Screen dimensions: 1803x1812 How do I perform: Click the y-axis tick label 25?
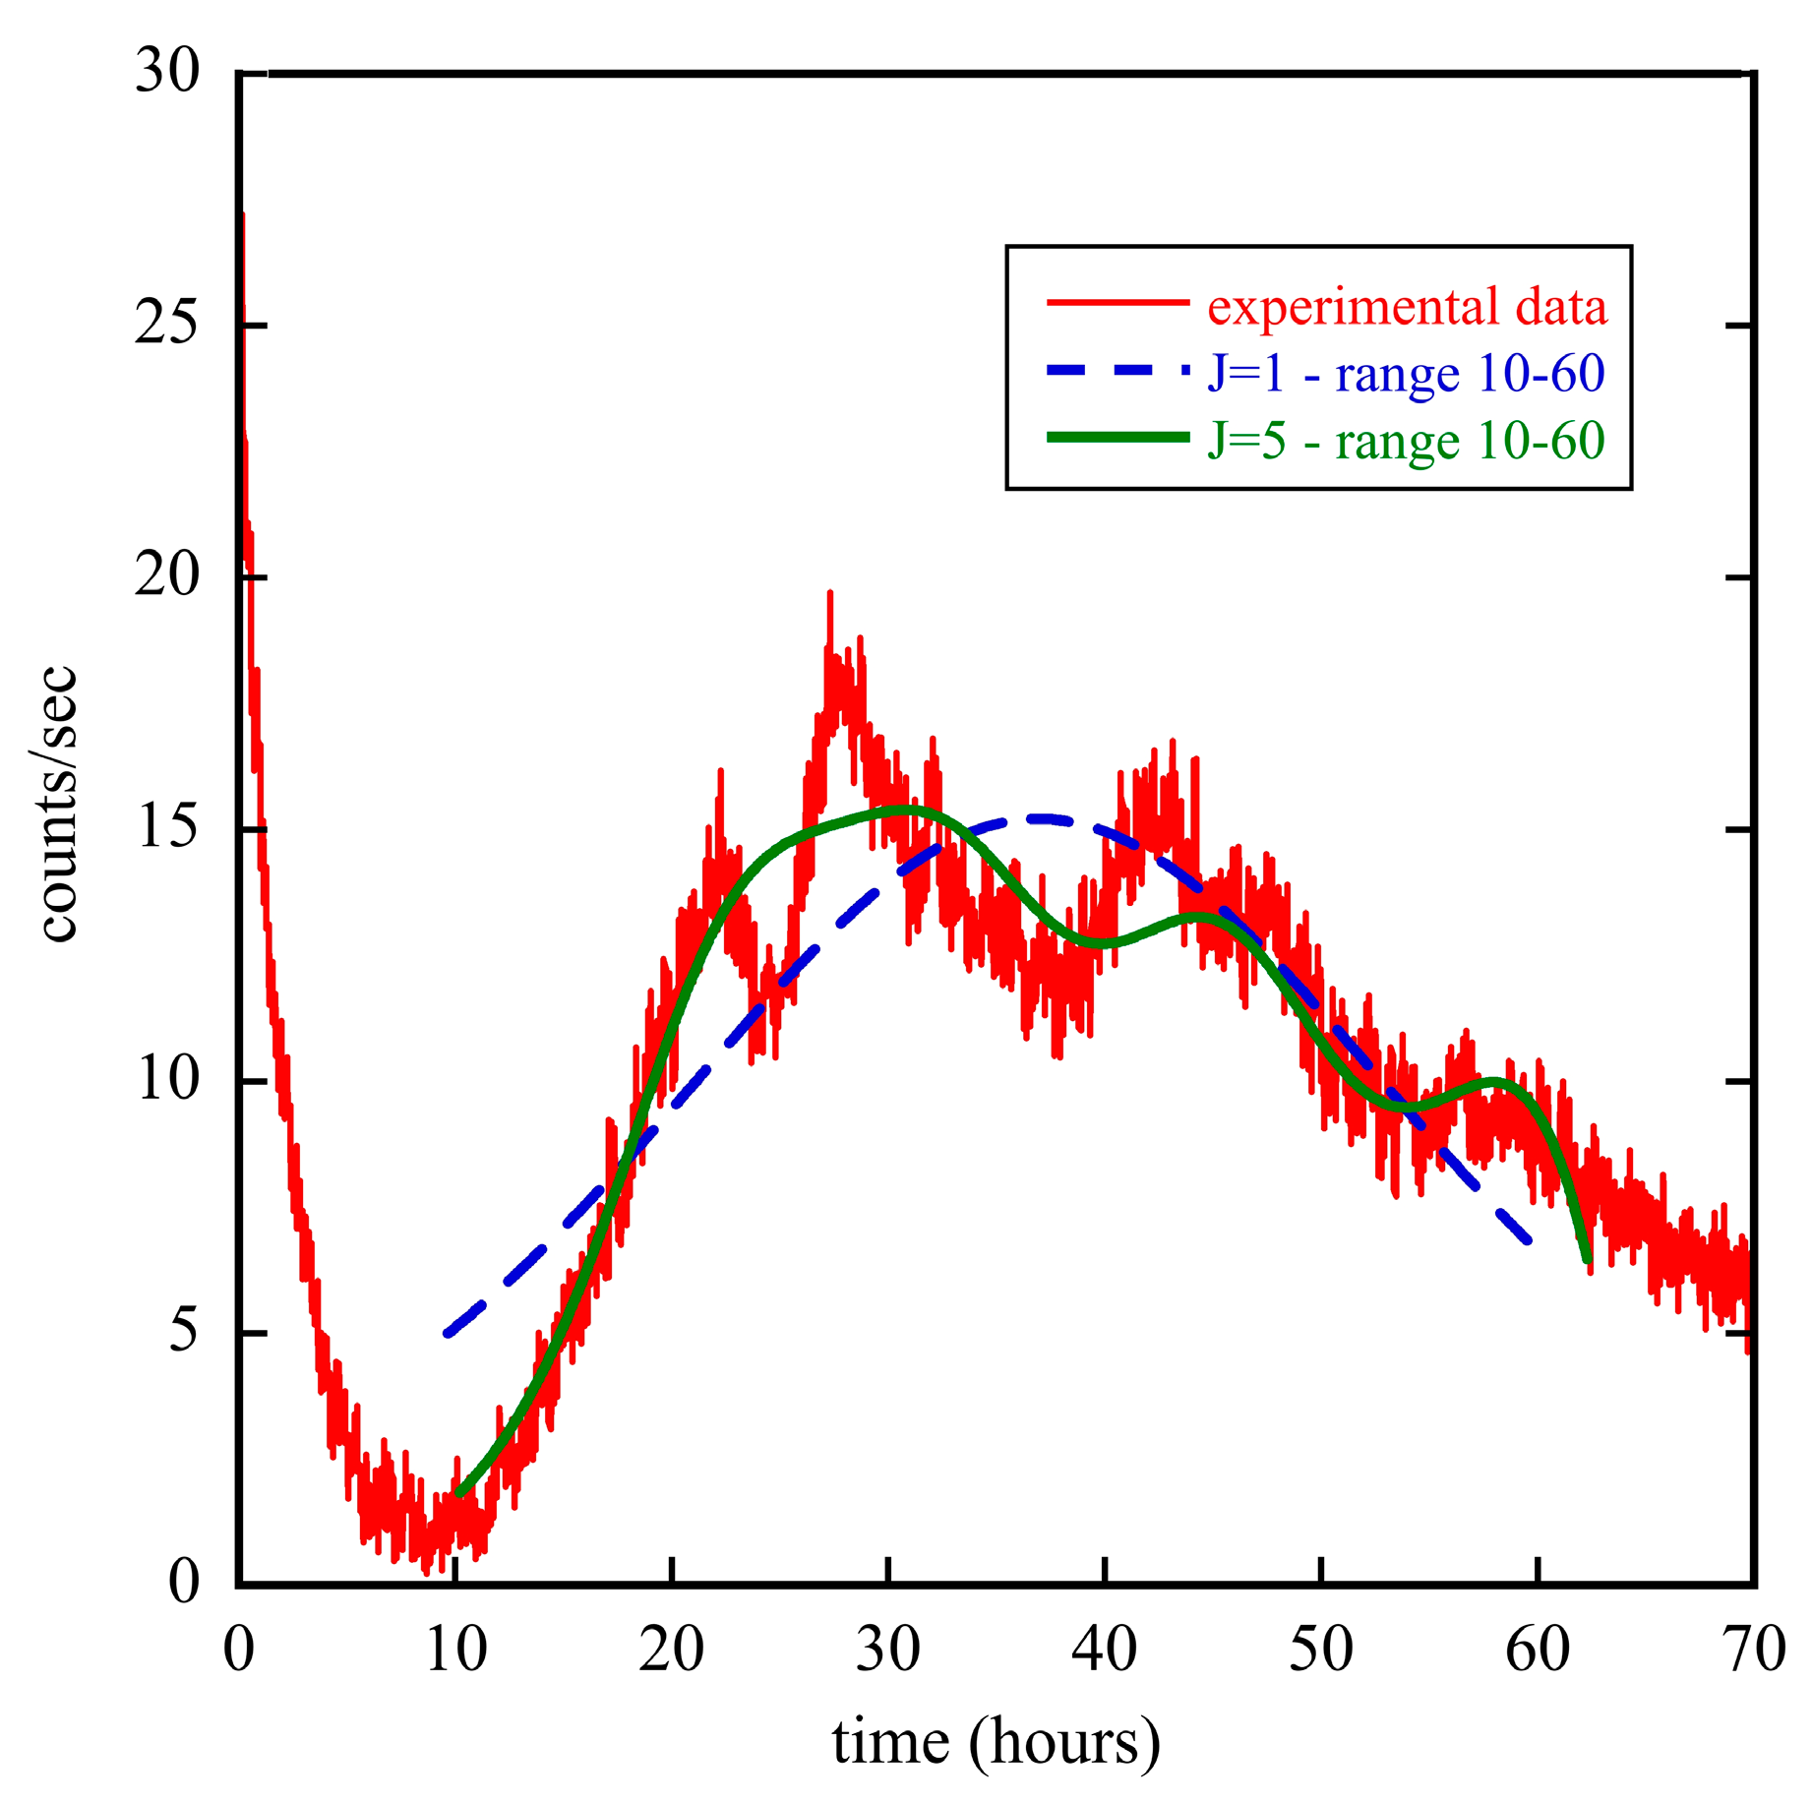pos(166,325)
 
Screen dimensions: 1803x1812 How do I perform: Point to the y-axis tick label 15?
pos(166,828)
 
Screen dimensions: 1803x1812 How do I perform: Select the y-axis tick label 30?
pos(166,73)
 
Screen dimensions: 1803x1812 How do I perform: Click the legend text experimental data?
pos(1407,306)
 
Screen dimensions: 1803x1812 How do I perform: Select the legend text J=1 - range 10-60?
pos(1407,374)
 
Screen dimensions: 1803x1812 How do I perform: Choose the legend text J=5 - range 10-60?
pos(1407,440)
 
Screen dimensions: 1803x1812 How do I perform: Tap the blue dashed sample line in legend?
pos(1117,371)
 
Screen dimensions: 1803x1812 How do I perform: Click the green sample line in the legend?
pos(1117,438)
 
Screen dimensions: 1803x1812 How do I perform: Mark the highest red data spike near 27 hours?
pos(829,594)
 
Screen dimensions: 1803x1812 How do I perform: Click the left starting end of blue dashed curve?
pos(449,1333)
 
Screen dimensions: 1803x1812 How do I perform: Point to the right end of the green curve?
pos(1587,1260)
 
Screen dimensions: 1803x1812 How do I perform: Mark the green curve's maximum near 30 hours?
pos(900,810)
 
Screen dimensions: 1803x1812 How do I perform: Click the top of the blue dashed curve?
pos(1043,818)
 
